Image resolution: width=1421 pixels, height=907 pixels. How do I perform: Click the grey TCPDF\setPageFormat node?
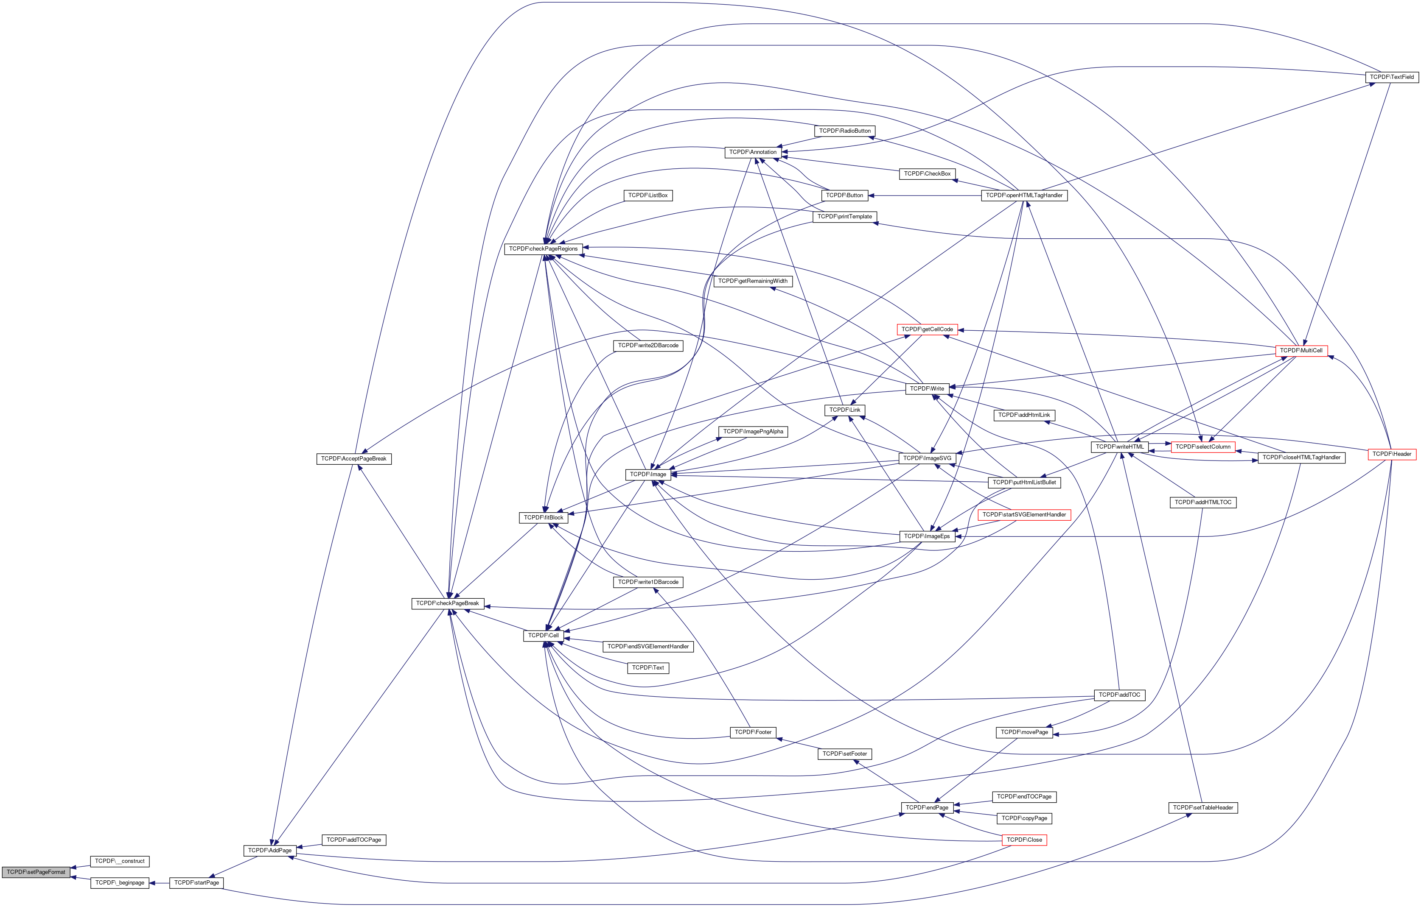point(36,872)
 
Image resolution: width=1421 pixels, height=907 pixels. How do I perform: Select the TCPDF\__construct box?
point(120,862)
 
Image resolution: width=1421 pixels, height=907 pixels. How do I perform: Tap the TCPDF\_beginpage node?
point(120,883)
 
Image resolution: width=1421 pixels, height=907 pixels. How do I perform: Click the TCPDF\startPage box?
point(196,883)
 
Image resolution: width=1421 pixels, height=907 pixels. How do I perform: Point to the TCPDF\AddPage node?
point(270,850)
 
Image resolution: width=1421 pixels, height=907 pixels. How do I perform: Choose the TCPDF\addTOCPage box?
point(353,840)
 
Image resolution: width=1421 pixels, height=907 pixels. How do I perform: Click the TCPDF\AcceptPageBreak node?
point(353,459)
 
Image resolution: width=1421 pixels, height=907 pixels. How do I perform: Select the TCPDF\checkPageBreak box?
point(447,603)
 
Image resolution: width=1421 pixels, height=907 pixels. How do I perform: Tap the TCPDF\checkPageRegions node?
point(543,249)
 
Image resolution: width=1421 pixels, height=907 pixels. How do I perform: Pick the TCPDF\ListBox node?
point(648,195)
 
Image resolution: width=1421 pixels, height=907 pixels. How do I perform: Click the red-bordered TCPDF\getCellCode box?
point(927,329)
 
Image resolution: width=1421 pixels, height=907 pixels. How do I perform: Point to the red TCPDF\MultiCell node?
point(1301,351)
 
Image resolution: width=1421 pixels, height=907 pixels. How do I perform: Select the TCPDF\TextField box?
point(1391,77)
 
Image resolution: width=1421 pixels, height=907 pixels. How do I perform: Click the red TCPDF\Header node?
point(1391,454)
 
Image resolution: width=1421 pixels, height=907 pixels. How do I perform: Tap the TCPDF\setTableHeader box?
point(1202,808)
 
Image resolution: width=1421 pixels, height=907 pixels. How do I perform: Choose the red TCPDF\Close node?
point(1024,840)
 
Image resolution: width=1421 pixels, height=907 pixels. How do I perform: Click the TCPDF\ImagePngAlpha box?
point(753,432)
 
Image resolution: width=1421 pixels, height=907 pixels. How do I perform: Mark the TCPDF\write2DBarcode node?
point(648,346)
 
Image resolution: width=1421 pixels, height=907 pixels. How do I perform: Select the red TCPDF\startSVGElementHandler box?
point(1024,515)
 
